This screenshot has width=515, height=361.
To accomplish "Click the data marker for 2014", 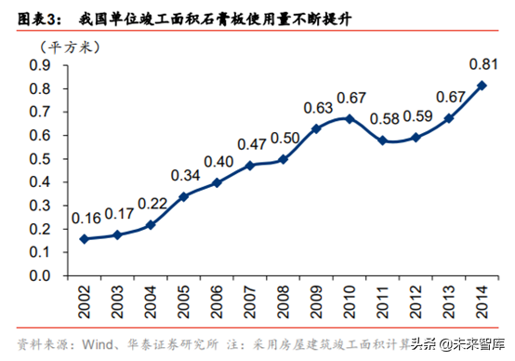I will [481, 85].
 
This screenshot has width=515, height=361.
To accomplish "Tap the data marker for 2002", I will [85, 238].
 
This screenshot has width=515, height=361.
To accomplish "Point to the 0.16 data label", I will [86, 219].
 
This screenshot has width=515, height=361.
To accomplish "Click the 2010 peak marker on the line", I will [349, 118].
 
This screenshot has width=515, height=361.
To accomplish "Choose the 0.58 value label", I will [382, 120].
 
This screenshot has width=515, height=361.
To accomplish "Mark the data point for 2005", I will [183, 196].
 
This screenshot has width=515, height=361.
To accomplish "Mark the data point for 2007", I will [249, 166].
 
